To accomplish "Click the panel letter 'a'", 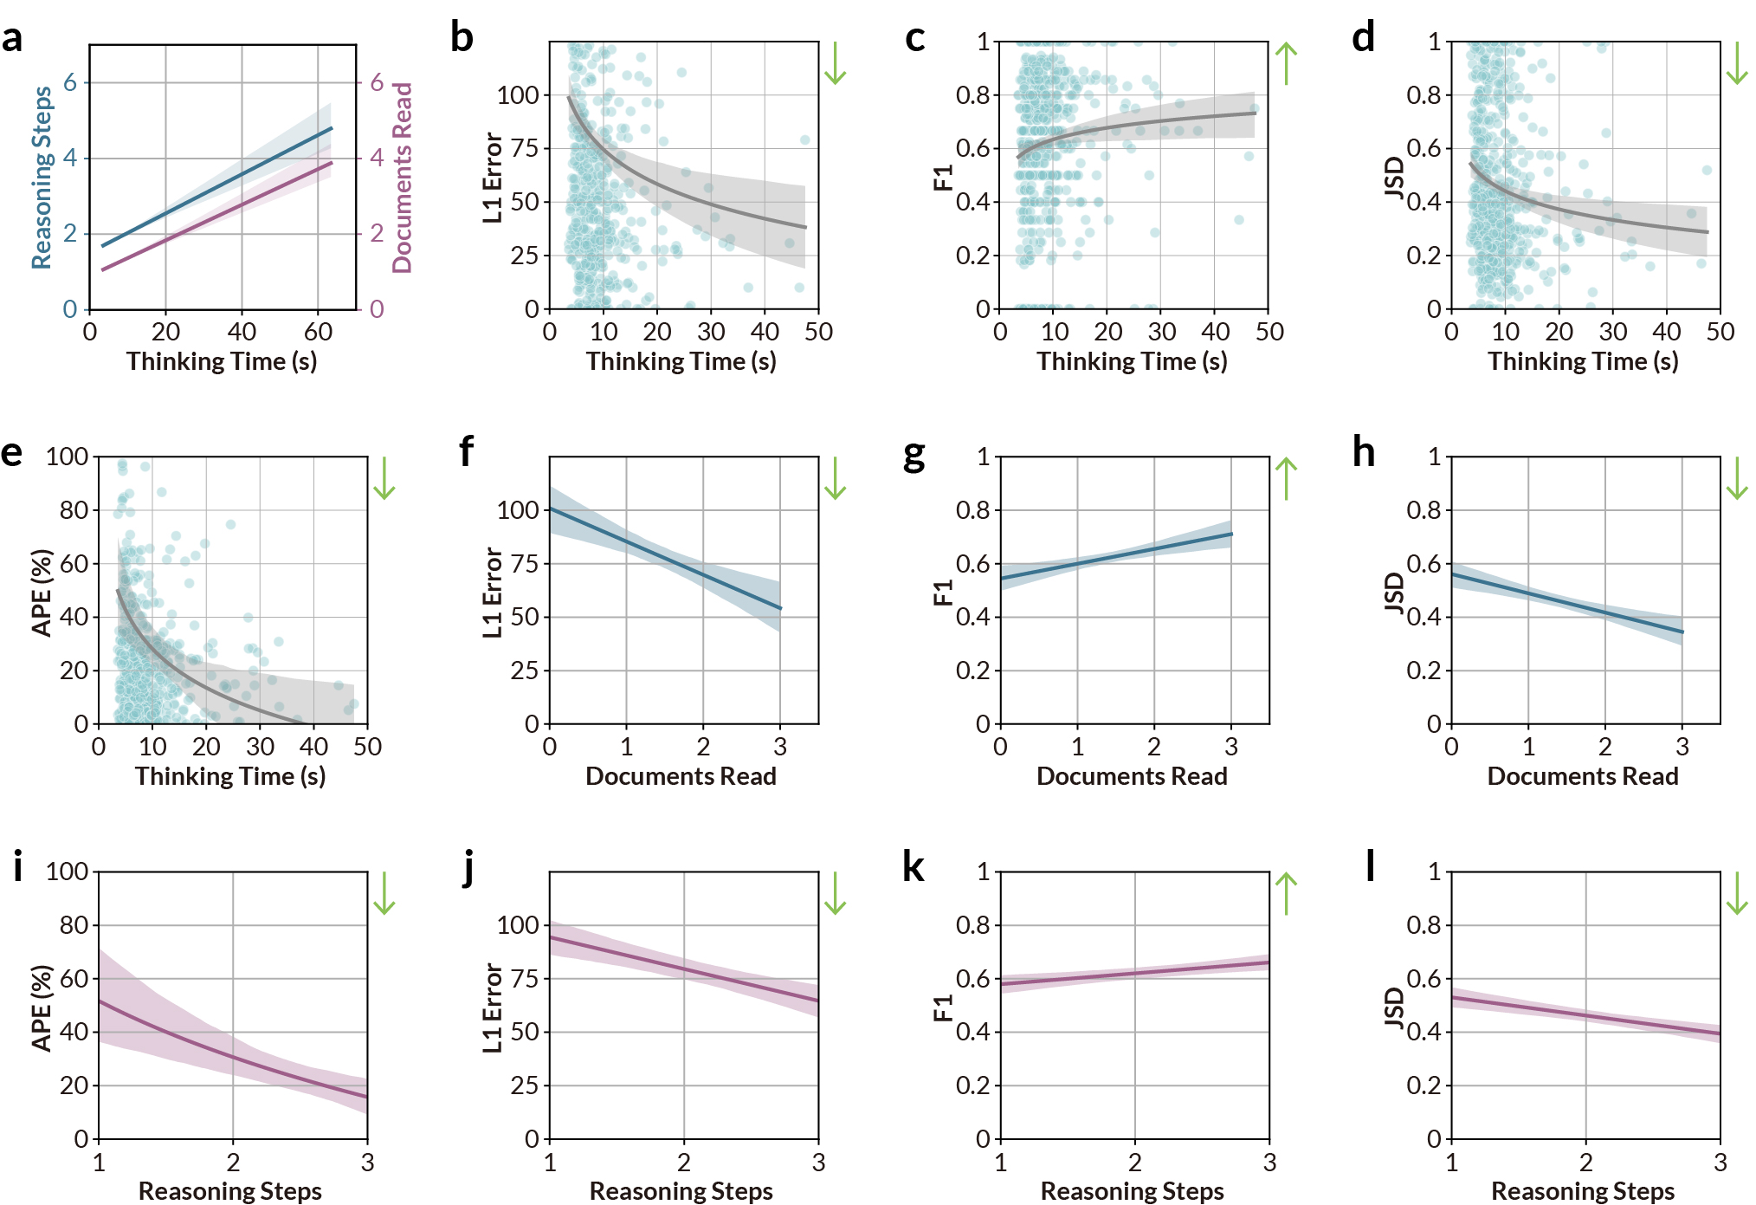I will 12,39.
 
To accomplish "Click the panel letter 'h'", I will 1364,452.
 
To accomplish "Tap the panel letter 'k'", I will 914,867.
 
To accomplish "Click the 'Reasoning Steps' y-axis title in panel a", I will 42,178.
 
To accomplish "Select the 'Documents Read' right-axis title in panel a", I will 403,178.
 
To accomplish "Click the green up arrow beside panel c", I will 1287,63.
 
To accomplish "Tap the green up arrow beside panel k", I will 1287,893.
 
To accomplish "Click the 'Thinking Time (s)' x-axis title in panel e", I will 230,776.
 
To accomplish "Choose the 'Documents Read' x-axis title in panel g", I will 1132,776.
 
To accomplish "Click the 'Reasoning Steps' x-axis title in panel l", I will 1583,1191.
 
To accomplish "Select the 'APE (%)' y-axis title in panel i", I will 42,1007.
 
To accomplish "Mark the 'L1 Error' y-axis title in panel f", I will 492,593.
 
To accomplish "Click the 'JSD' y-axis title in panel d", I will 1394,178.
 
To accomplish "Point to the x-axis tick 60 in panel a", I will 318,332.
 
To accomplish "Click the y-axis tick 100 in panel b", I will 518,95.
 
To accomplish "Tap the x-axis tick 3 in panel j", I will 818,1163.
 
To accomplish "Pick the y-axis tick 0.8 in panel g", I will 972,510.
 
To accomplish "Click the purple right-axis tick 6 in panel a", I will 377,83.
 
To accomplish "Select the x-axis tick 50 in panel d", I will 1720,332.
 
